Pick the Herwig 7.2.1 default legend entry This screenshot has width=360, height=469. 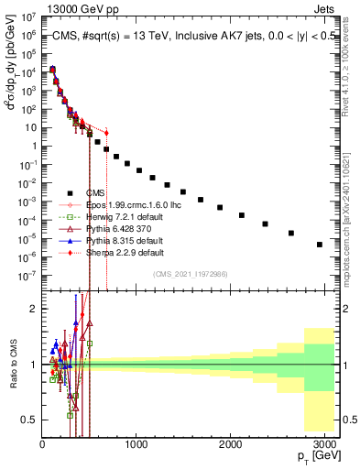111,216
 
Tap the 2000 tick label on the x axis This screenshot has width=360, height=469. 231,444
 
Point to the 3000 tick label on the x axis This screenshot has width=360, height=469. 325,444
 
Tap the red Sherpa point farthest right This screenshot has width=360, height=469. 106,133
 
